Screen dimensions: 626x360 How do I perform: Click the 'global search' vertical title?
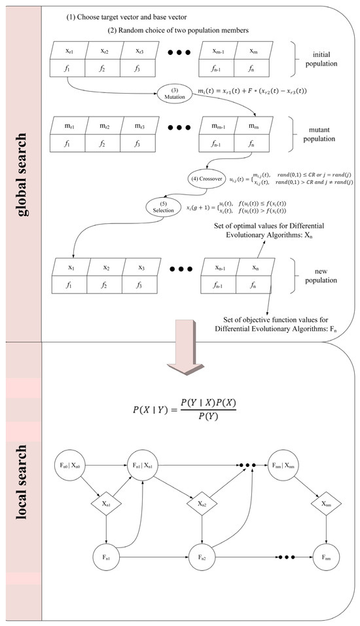tap(21, 170)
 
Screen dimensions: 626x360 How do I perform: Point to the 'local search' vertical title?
tap(21, 481)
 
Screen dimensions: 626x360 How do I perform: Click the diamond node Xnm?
tap(325, 504)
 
